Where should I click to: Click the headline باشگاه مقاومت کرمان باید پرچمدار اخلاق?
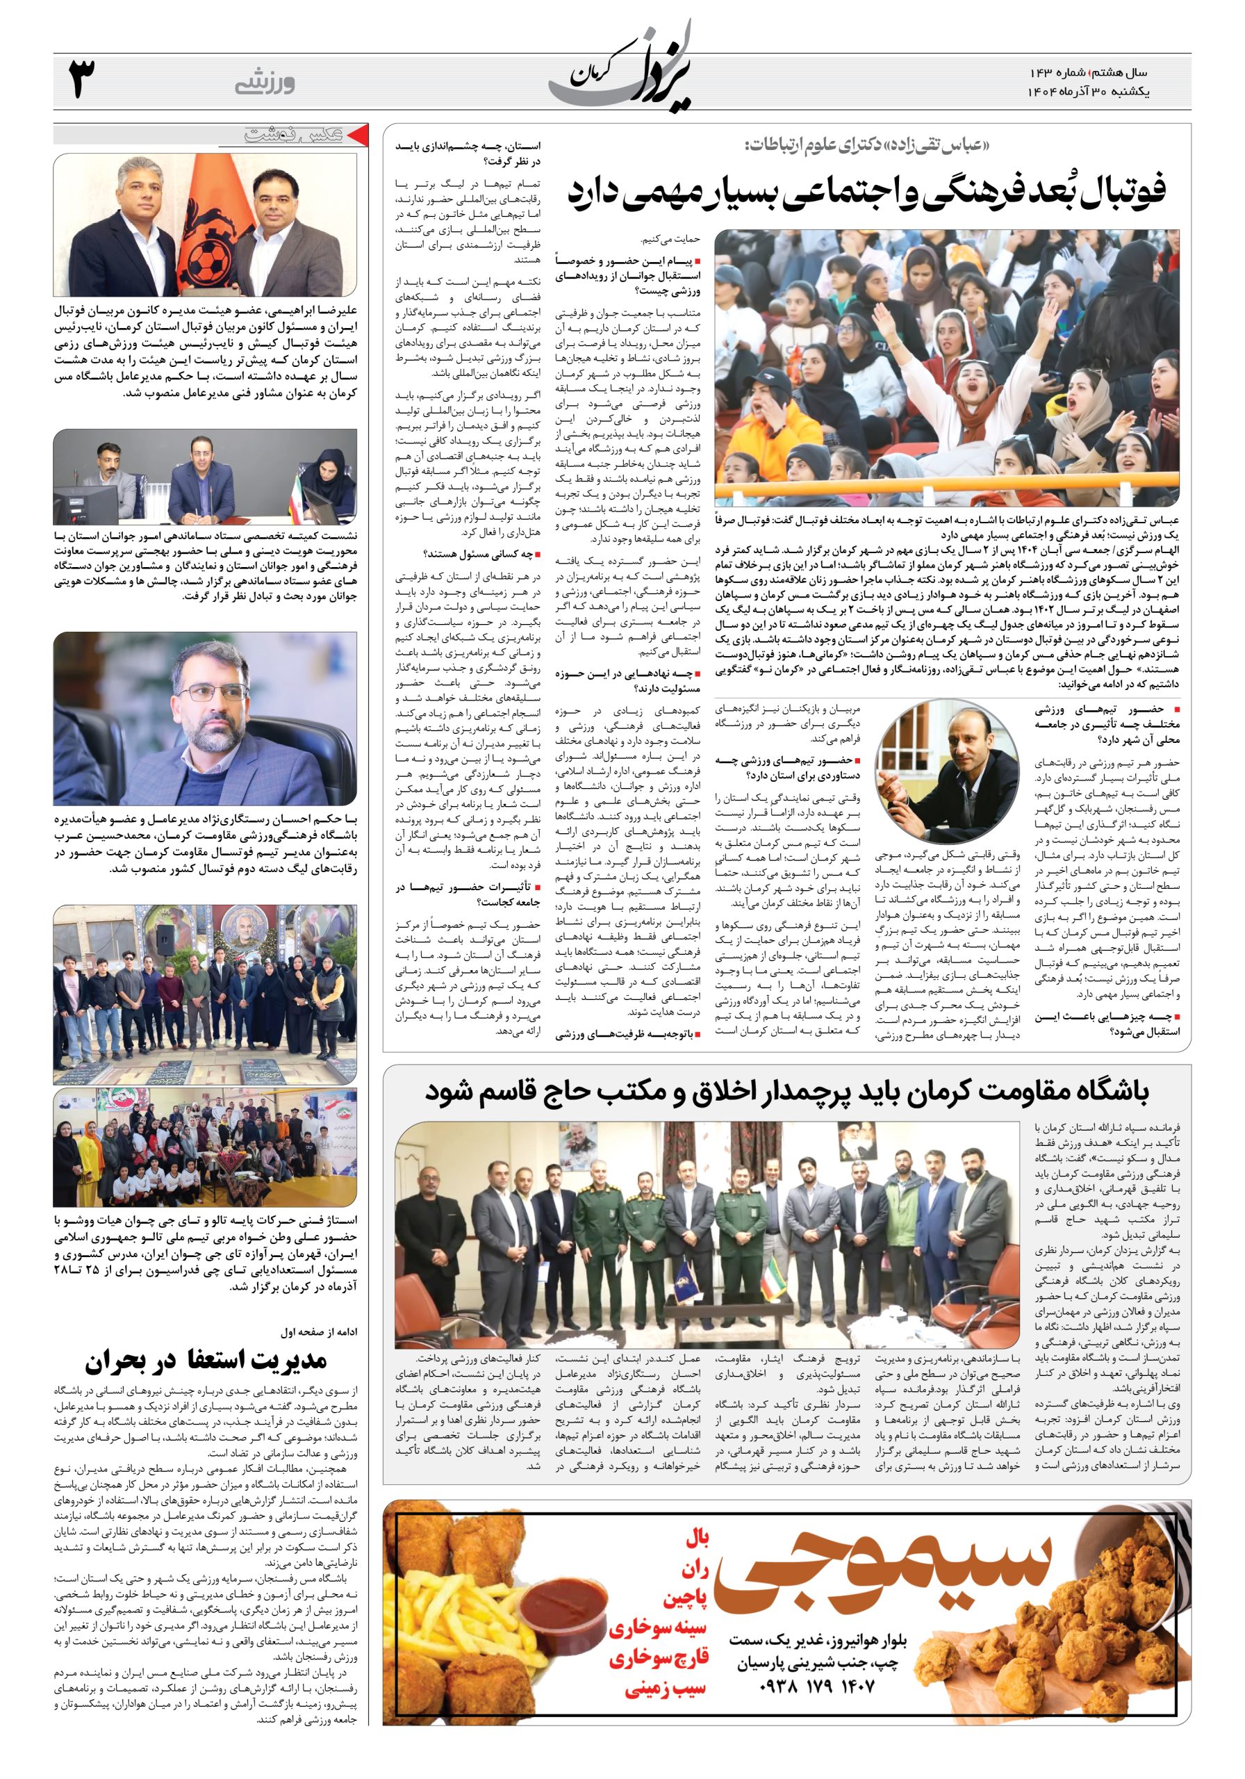pyautogui.click(x=786, y=1092)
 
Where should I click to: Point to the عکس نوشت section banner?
pyautogui.click(x=293, y=135)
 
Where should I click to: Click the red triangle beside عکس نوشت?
pyautogui.click(x=353, y=135)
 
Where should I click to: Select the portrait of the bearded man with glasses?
pyautogui.click(x=206, y=719)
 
